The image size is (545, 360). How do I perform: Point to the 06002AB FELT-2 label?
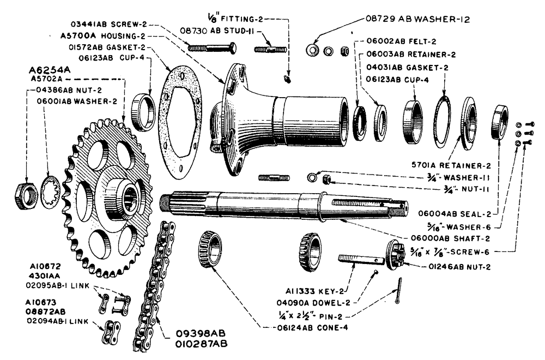pyautogui.click(x=397, y=41)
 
